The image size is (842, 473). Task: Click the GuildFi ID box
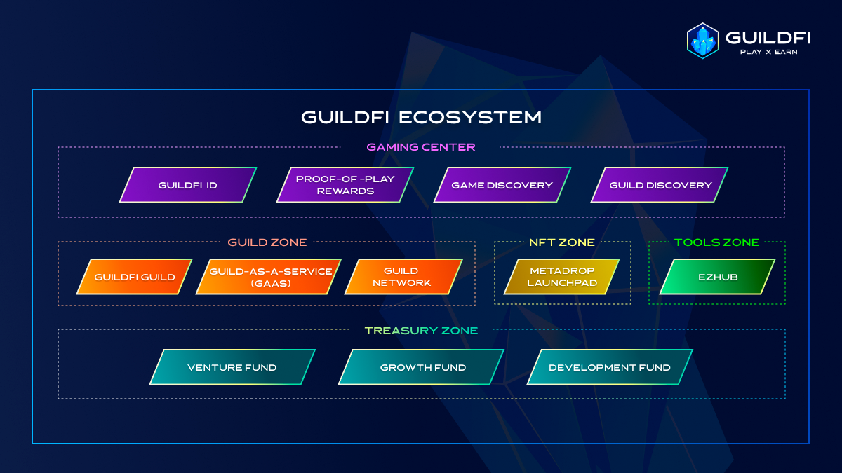coord(187,185)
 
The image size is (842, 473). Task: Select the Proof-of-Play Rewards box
coord(345,185)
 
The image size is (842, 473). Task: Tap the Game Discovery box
coord(502,185)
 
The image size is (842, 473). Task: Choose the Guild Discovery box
coord(660,185)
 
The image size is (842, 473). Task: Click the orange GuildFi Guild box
coord(134,277)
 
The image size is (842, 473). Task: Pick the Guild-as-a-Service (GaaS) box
coord(270,277)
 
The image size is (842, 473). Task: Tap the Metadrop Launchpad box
coord(561,277)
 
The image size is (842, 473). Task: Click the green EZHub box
coord(717,277)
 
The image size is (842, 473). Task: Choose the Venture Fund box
coord(232,367)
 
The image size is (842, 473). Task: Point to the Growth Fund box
coord(422,367)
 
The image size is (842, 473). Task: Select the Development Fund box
coord(610,367)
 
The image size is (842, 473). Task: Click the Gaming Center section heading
coord(421,147)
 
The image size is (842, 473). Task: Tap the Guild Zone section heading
coord(267,242)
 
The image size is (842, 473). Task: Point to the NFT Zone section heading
coord(561,242)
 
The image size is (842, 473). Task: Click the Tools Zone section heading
coord(716,242)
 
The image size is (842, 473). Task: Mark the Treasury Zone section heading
coord(421,331)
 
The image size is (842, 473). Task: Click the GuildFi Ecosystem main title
coord(421,117)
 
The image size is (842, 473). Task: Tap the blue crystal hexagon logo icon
coord(702,40)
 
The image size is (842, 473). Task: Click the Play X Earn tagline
coord(769,51)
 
